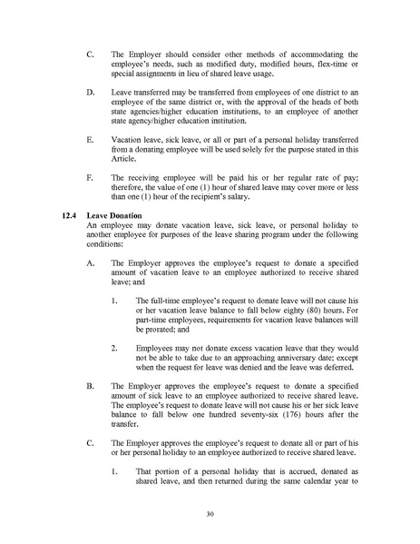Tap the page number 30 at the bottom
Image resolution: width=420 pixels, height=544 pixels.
(210, 513)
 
